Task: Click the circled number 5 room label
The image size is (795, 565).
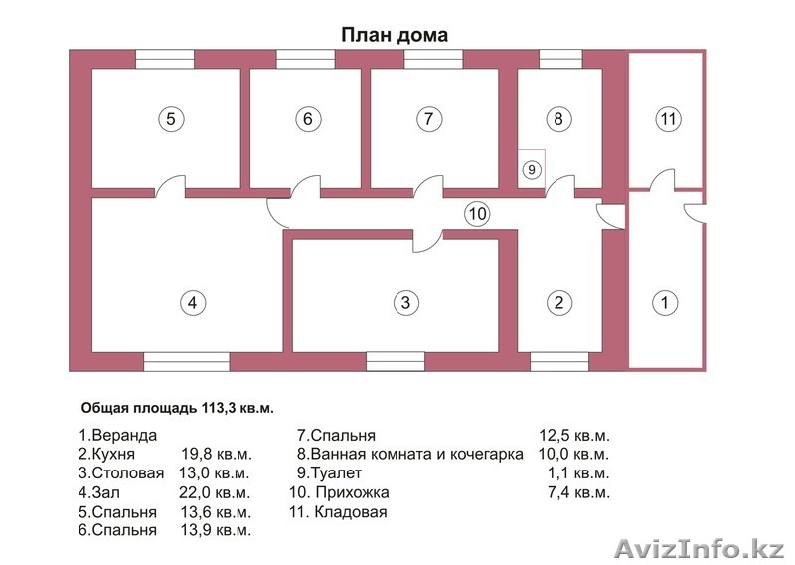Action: pyautogui.click(x=171, y=119)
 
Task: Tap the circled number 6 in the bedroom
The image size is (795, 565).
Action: pyautogui.click(x=308, y=119)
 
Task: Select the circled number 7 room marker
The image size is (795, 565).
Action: pyautogui.click(x=427, y=119)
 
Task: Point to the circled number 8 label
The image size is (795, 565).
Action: pyautogui.click(x=559, y=119)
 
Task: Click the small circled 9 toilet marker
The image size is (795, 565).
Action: pyautogui.click(x=532, y=169)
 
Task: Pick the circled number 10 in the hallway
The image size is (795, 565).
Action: pyautogui.click(x=478, y=213)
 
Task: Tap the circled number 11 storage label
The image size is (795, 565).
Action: pyautogui.click(x=668, y=119)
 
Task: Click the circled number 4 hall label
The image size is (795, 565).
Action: pyautogui.click(x=193, y=302)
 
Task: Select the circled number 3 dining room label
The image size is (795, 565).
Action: pyautogui.click(x=404, y=302)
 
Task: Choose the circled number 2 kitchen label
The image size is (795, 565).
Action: pyautogui.click(x=559, y=302)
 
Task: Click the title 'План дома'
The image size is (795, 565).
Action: pyautogui.click(x=395, y=35)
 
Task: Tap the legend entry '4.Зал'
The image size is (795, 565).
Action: pyautogui.click(x=99, y=492)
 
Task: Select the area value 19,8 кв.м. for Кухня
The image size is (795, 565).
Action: pyautogui.click(x=218, y=455)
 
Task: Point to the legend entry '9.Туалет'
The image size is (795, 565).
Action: pyautogui.click(x=330, y=473)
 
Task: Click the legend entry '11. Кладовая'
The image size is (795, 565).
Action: pyautogui.click(x=338, y=512)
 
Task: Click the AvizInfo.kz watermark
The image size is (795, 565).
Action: pyautogui.click(x=700, y=548)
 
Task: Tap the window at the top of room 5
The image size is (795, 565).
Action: pyautogui.click(x=165, y=59)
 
